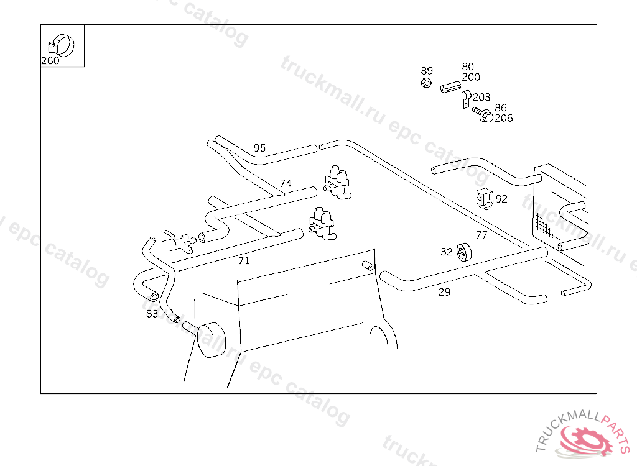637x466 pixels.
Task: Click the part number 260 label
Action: [x=50, y=61]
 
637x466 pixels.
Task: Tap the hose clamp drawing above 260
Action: [x=61, y=45]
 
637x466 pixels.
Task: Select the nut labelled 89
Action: [x=426, y=83]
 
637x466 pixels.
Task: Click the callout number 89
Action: [x=427, y=71]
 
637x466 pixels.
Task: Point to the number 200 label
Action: [x=471, y=77]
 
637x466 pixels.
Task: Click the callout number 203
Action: [x=481, y=97]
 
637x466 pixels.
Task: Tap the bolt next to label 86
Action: [x=482, y=114]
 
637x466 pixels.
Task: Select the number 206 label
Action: [x=503, y=118]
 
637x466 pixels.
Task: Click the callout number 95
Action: [x=259, y=148]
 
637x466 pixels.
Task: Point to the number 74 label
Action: [x=286, y=183]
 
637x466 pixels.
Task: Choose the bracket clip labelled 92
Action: [x=484, y=198]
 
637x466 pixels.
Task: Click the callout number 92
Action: [x=501, y=199]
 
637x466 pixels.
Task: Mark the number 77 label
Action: [x=481, y=235]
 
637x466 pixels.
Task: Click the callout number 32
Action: [x=447, y=252]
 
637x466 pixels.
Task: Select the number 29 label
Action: [x=444, y=291]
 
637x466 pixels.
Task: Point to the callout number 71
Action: [x=243, y=261]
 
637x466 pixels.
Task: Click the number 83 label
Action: [x=152, y=314]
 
